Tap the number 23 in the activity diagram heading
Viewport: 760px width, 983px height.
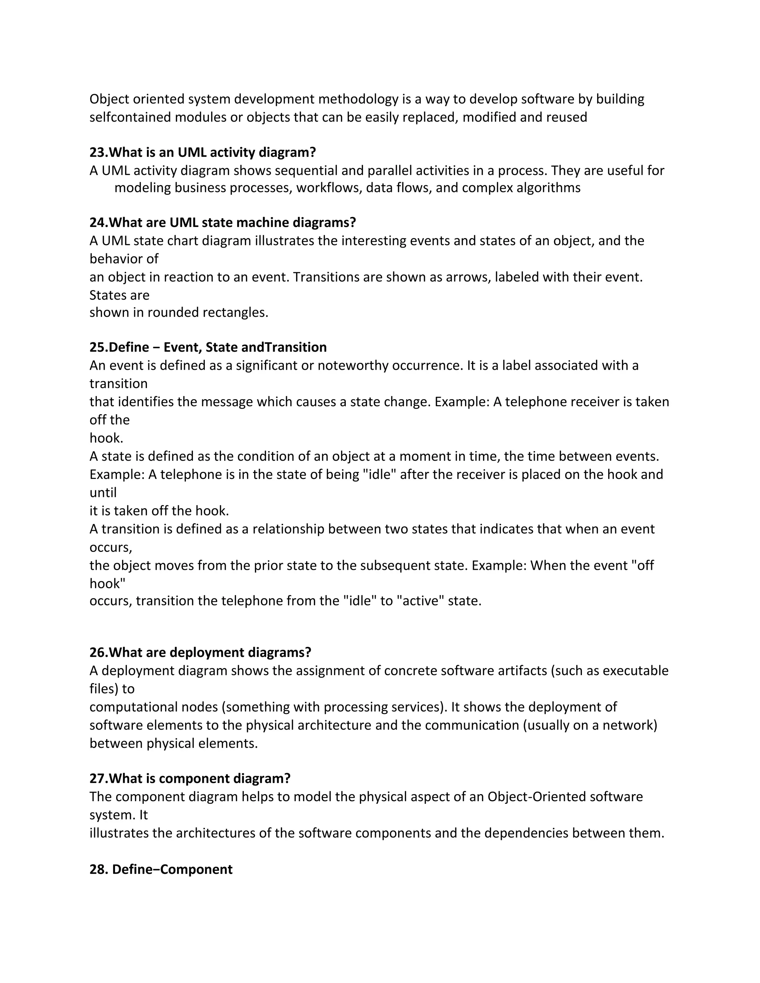pos(97,152)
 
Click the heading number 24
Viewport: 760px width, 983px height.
pos(97,222)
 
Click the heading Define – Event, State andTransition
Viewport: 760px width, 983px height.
pos(208,347)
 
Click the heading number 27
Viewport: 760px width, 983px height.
pos(97,778)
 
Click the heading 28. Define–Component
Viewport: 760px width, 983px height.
pos(161,869)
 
